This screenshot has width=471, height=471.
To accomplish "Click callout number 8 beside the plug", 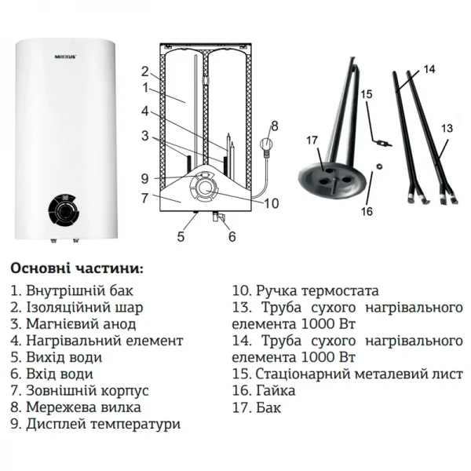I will (x=274, y=125).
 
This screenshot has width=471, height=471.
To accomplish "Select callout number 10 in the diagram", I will (x=271, y=203).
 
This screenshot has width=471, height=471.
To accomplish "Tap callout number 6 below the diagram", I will (x=232, y=235).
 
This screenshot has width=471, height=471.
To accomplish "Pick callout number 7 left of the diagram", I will (x=144, y=199).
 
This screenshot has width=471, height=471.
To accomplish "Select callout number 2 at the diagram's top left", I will (x=144, y=71).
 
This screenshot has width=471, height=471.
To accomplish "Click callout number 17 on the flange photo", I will (x=312, y=140).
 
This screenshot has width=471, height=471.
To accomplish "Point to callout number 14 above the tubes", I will (x=428, y=70).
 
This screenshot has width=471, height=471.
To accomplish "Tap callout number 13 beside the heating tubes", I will (x=447, y=127).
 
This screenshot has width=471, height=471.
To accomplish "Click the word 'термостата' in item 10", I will (x=338, y=290).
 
